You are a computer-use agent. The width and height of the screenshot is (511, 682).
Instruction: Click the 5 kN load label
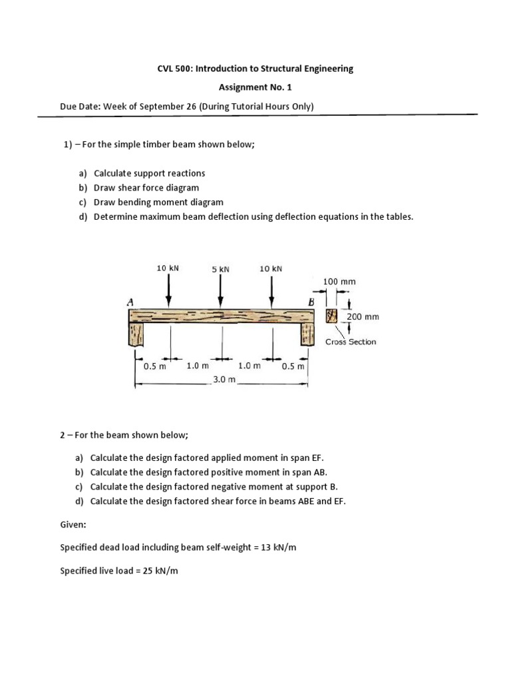[220, 269]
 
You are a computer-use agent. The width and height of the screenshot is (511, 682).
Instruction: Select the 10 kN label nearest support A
[168, 268]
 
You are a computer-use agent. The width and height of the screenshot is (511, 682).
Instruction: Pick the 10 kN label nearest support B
[271, 268]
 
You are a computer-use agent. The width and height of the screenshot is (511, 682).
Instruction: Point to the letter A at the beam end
[130, 302]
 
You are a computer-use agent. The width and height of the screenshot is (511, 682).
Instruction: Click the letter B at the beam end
[310, 303]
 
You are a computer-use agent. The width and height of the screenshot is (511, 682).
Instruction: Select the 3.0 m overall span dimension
[224, 379]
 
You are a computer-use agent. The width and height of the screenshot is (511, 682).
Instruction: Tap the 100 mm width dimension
[339, 282]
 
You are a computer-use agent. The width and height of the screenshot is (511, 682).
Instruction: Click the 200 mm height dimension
[363, 317]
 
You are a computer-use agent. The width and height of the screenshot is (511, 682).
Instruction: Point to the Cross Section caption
[350, 342]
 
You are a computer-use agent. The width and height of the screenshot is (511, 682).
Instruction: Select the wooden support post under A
[137, 334]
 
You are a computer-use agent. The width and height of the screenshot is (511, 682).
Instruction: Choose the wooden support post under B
[307, 334]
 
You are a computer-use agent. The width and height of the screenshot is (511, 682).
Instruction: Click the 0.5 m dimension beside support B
[293, 366]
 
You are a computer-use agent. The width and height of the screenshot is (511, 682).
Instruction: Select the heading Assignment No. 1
[255, 87]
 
